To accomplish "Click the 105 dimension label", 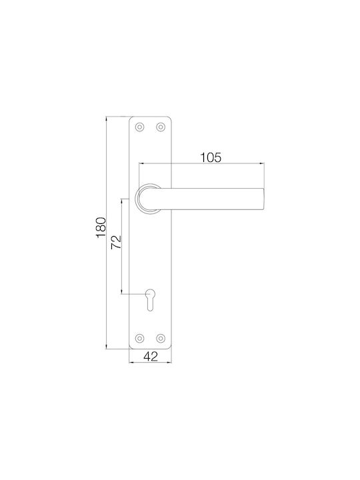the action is click(x=211, y=157).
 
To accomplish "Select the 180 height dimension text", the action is click(x=101, y=227).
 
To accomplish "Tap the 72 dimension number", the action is click(x=116, y=242).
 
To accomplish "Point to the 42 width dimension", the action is click(x=151, y=356).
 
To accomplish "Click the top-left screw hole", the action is click(x=139, y=127).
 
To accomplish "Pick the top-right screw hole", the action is click(x=161, y=127).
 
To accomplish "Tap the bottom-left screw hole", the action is click(x=139, y=338).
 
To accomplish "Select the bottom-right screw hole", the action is click(x=161, y=338).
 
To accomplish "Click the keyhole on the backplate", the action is click(x=150, y=300).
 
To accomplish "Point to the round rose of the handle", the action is click(x=137, y=199).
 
